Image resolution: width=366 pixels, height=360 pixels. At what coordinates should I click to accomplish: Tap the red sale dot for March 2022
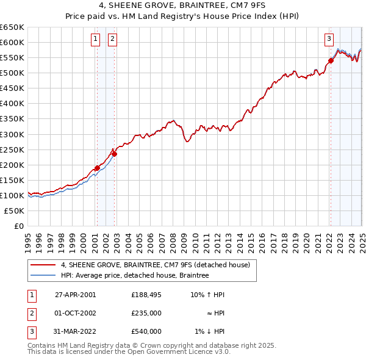(331, 60)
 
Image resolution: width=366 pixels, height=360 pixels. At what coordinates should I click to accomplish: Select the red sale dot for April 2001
(97, 168)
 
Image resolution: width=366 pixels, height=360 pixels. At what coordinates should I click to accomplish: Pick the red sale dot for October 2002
(113, 154)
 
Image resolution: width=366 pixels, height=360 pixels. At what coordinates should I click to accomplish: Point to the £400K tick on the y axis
(12, 104)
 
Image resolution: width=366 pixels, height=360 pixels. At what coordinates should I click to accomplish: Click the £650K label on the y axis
(12, 27)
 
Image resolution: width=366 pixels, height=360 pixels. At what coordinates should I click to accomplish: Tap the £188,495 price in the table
(146, 295)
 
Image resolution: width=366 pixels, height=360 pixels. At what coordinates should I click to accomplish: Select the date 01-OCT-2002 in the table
(76, 313)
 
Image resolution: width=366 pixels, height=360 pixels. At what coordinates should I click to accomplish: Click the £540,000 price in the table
(146, 331)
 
